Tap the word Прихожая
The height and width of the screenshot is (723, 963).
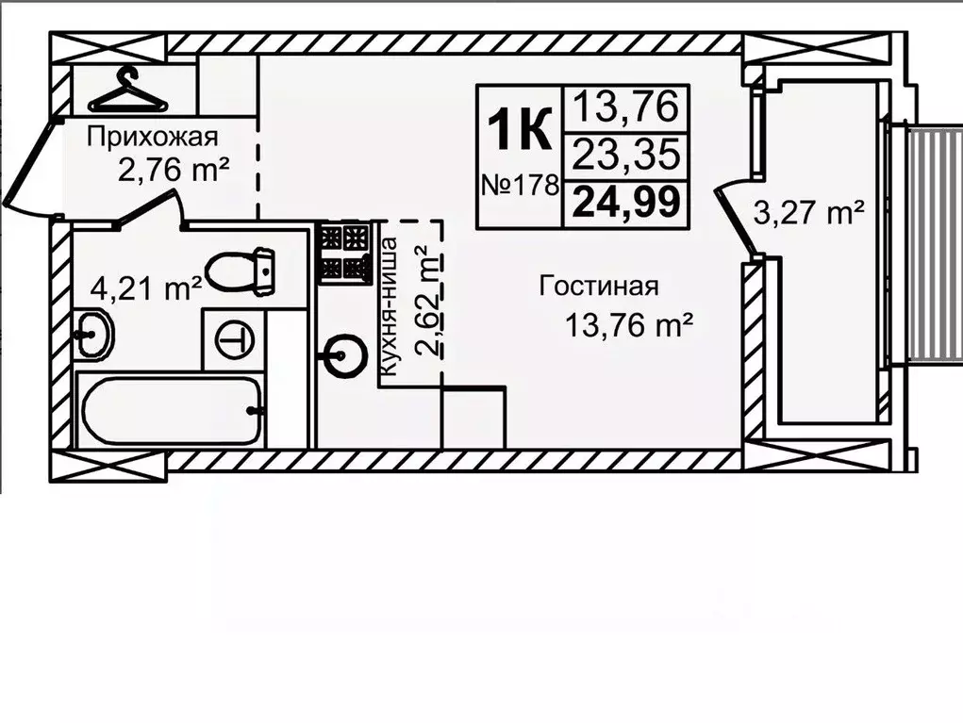pos(146,138)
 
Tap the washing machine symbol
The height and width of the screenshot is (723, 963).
pos(233,339)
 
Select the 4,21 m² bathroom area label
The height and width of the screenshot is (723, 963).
pos(145,287)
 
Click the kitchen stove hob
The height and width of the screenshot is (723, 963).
pos(341,252)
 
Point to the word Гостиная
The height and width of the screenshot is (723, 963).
pos(598,287)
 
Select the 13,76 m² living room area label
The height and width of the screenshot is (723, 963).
pos(629,326)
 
